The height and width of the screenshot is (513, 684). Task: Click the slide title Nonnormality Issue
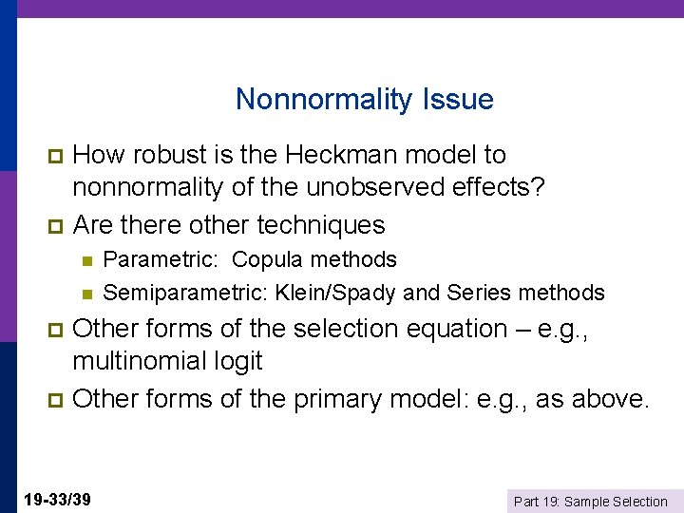[364, 99]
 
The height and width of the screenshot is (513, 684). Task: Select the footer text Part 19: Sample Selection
[590, 501]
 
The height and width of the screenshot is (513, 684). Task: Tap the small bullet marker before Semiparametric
[86, 293]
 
